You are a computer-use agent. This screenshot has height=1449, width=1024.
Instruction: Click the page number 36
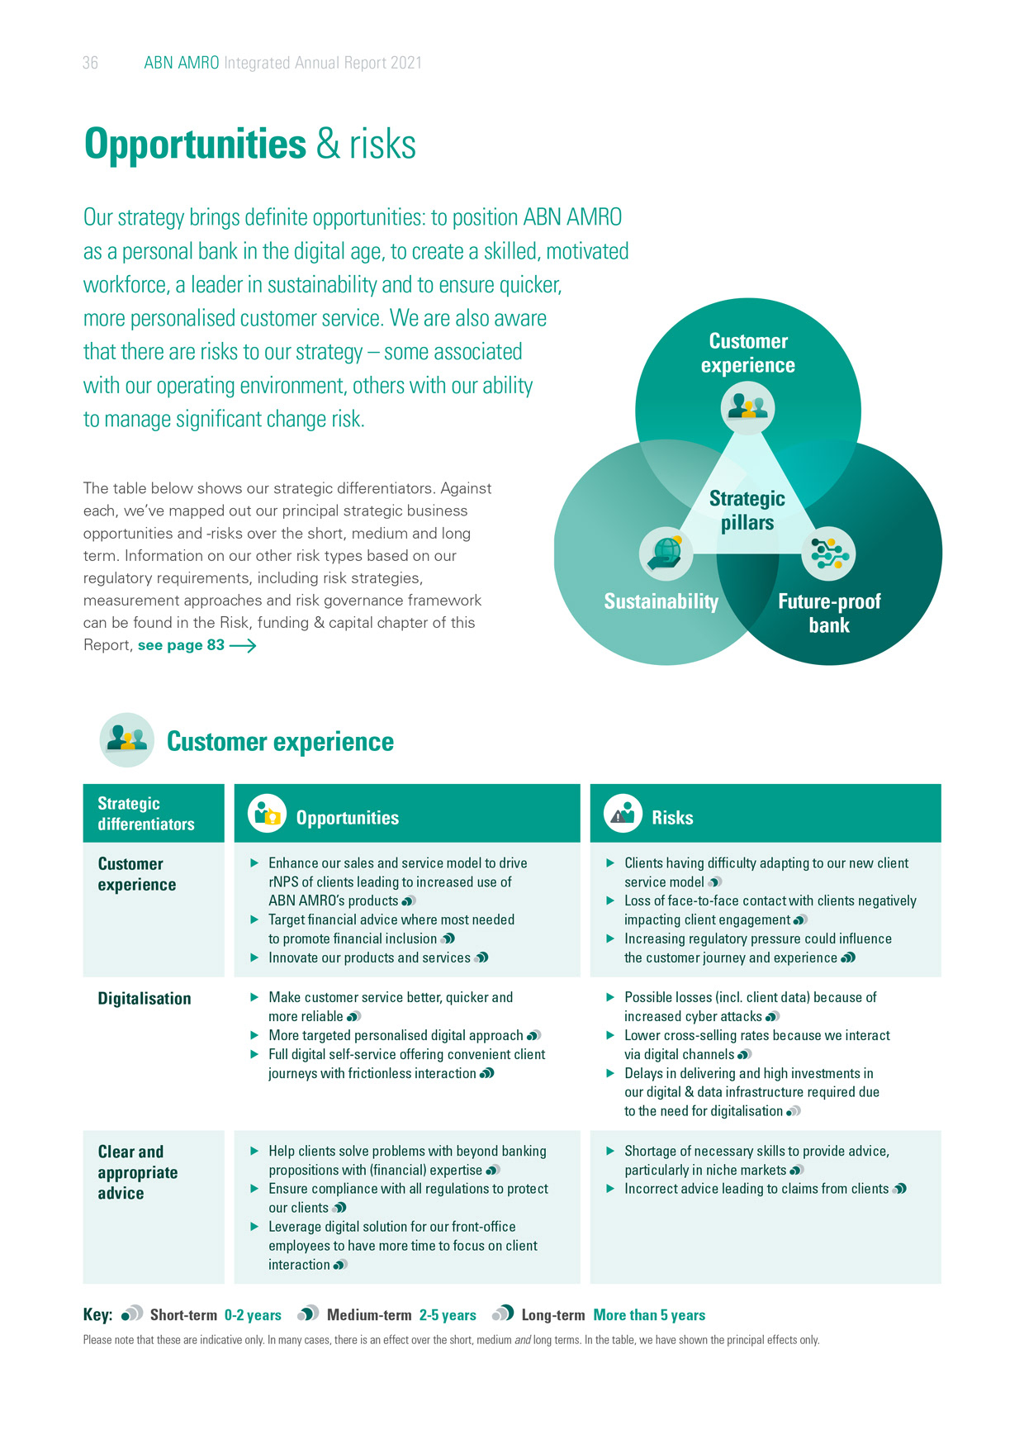pyautogui.click(x=90, y=63)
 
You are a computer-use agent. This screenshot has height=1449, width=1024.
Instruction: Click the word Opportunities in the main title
pyautogui.click(x=195, y=144)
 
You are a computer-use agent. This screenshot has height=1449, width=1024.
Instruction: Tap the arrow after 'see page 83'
pyautogui.click(x=243, y=646)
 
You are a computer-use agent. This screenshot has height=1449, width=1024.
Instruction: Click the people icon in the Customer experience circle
pyautogui.click(x=747, y=408)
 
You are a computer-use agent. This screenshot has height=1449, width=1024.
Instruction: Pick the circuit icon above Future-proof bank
pyautogui.click(x=828, y=553)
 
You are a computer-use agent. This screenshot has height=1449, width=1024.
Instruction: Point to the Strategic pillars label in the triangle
pyautogui.click(x=747, y=511)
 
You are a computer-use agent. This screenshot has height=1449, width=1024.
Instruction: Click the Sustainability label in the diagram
pyautogui.click(x=661, y=601)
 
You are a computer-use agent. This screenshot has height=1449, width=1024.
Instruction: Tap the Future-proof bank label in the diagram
pyautogui.click(x=829, y=613)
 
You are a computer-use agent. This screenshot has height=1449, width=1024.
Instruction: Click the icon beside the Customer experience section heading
pyautogui.click(x=126, y=739)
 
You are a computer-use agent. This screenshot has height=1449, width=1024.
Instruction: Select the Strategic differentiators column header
pyautogui.click(x=146, y=814)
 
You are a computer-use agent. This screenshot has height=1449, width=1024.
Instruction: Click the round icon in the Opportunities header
pyautogui.click(x=267, y=815)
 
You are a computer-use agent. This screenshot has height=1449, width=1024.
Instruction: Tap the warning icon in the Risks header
pyautogui.click(x=623, y=815)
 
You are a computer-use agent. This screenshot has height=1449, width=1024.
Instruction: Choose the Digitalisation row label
pyautogui.click(x=145, y=999)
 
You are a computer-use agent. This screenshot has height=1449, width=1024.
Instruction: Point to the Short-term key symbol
pyautogui.click(x=132, y=1314)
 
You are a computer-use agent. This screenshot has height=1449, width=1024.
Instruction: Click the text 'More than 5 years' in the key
pyautogui.click(x=649, y=1315)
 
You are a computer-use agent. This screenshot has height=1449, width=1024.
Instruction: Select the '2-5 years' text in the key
pyautogui.click(x=448, y=1315)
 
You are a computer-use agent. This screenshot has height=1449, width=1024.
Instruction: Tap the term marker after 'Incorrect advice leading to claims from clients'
pyautogui.click(x=899, y=1189)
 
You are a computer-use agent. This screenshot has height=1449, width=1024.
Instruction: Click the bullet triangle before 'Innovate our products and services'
pyautogui.click(x=255, y=957)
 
